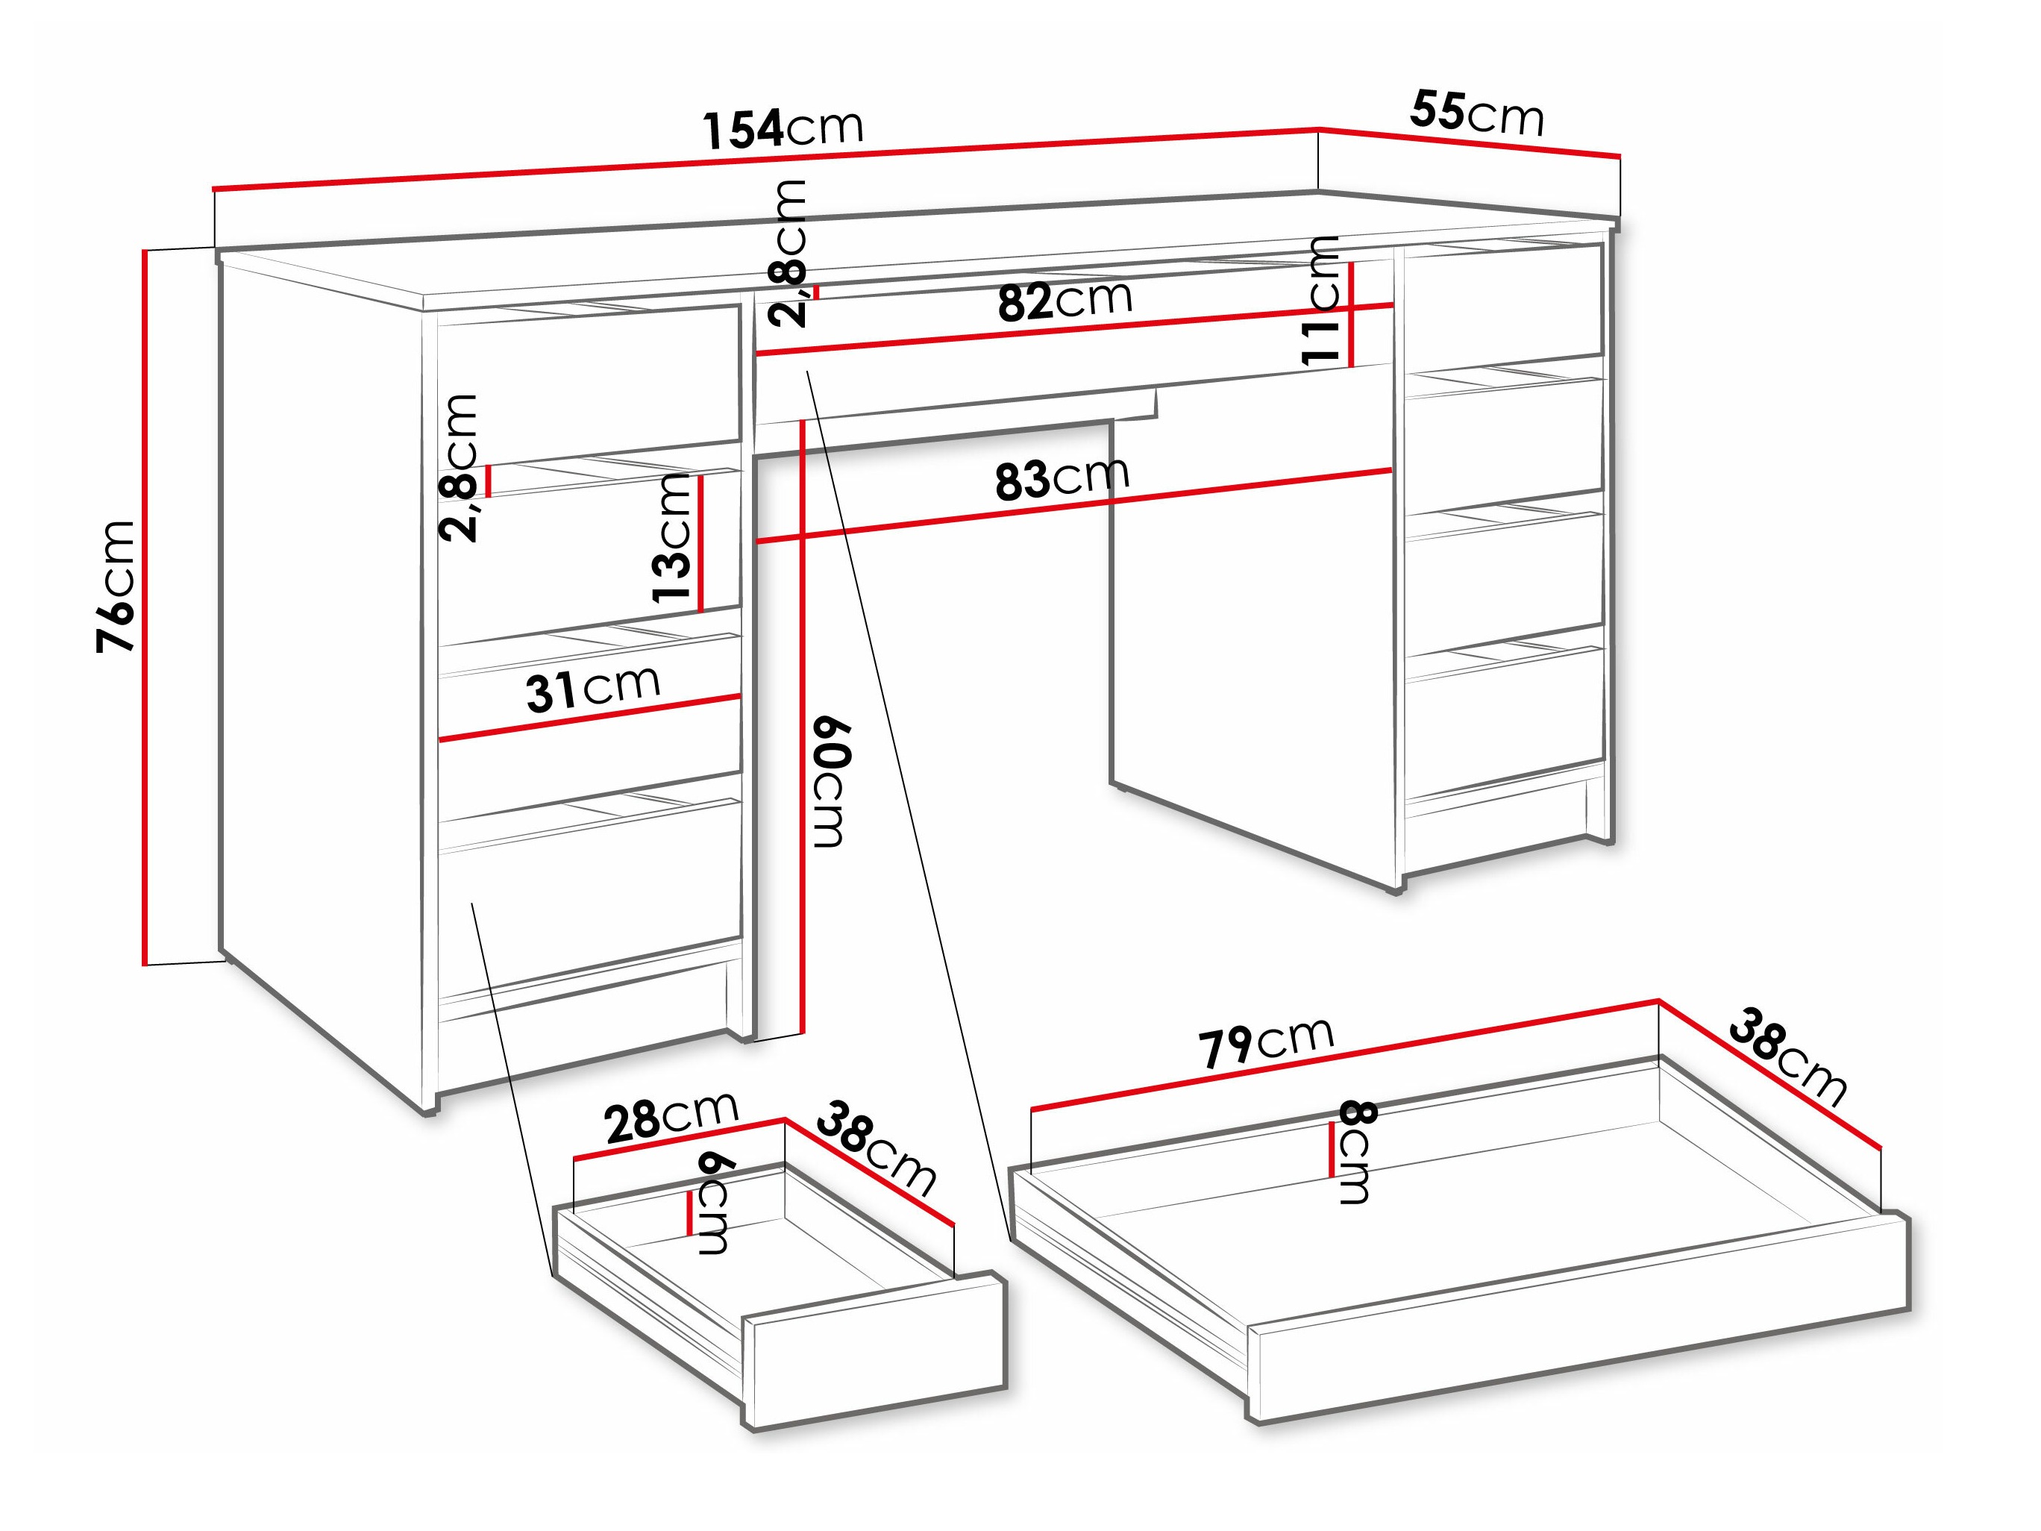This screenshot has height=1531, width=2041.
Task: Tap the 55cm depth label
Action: coord(1476,114)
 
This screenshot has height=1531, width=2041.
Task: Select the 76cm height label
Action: coord(117,586)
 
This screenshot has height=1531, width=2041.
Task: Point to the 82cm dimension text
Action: coord(1065,300)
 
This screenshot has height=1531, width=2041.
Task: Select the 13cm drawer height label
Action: coord(673,538)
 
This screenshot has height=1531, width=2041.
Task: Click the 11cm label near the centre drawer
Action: coord(1320,300)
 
